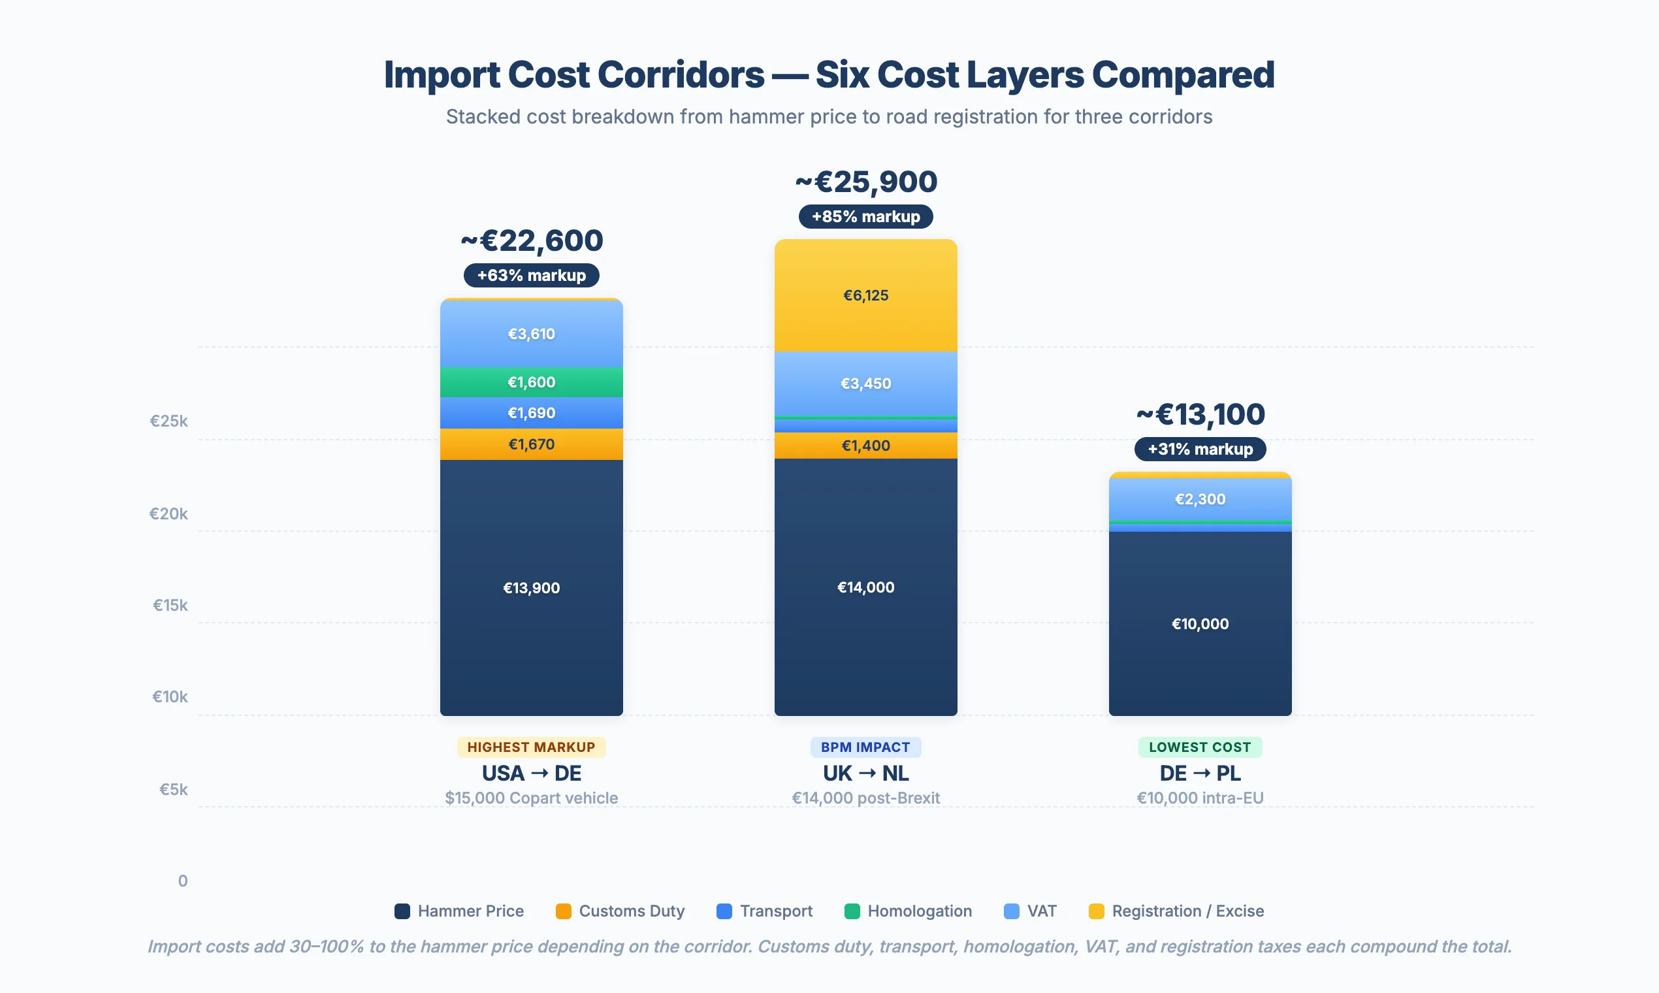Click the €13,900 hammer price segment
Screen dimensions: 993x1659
point(531,587)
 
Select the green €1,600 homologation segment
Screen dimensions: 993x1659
point(531,382)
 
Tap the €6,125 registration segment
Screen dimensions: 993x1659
point(865,295)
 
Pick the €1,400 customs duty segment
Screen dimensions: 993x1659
point(865,446)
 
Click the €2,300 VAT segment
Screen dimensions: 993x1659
point(1200,499)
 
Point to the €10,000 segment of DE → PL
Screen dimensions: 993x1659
point(1200,624)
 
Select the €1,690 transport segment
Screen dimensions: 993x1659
point(531,413)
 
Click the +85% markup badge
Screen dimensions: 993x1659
point(865,217)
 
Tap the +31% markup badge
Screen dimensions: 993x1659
point(1200,449)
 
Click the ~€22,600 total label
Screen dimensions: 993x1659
point(531,241)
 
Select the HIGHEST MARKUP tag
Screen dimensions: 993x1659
point(531,747)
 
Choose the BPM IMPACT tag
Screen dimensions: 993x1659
point(865,747)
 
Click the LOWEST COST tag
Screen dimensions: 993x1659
point(1200,747)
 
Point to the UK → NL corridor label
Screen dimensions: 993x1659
point(865,773)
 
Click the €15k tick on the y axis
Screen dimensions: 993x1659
point(170,606)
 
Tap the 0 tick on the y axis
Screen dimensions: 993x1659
point(183,881)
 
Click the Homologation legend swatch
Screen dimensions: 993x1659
point(852,911)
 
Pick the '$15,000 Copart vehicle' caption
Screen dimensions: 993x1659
point(531,798)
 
